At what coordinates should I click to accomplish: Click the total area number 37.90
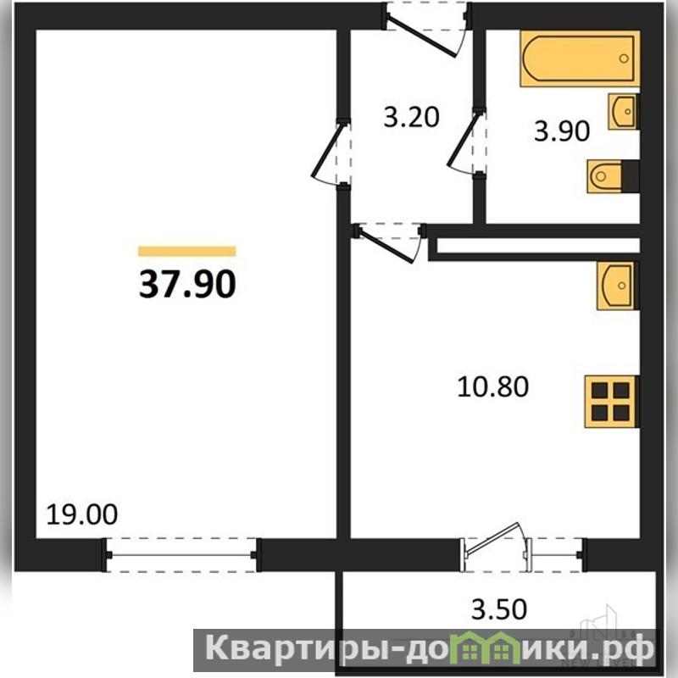point(187,284)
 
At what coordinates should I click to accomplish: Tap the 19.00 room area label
point(81,514)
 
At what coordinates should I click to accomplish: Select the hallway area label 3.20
point(411,117)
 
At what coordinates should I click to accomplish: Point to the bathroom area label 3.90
point(562,131)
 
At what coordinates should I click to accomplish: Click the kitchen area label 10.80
point(492,386)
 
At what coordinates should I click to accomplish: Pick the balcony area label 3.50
point(499,609)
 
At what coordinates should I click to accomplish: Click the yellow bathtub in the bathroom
point(580,58)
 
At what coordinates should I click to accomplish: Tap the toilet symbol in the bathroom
point(613,176)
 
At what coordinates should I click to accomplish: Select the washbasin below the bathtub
point(623,112)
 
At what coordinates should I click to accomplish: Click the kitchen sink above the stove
point(618,286)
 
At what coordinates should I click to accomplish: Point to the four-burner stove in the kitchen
point(611,402)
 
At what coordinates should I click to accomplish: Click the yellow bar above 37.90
point(186,251)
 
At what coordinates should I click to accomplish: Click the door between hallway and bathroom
point(464,142)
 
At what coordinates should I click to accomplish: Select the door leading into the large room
point(329,153)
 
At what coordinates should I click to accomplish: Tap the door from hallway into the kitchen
point(388,243)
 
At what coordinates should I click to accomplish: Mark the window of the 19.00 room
point(181,555)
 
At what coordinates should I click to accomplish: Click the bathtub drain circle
point(624,58)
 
